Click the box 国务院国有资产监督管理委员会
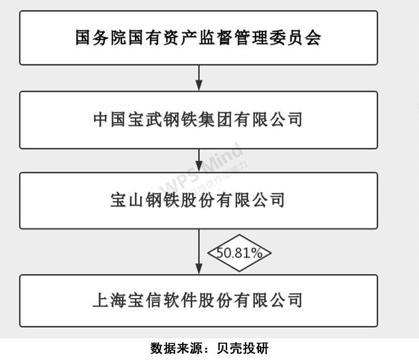coord(198,38)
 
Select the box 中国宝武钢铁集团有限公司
coord(198,120)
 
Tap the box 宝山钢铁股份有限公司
coord(198,201)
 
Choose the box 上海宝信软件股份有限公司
coord(198,301)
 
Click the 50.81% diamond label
coord(239,253)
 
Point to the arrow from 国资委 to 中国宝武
coord(199,77)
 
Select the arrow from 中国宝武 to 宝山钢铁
coord(199,160)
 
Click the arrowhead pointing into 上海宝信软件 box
coord(199,270)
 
